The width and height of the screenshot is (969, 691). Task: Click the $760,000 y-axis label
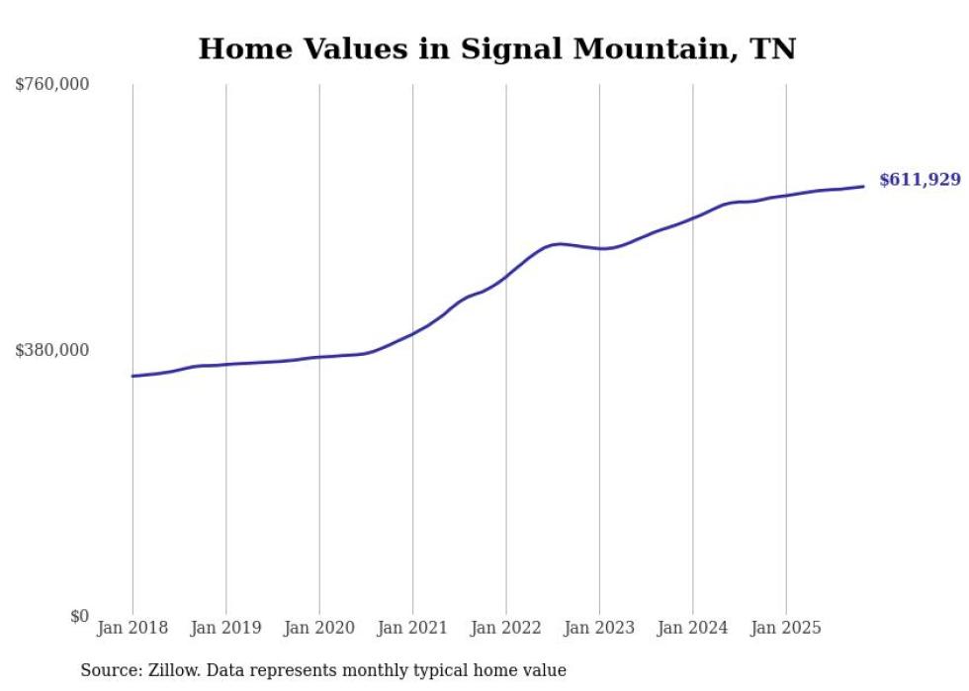(51, 85)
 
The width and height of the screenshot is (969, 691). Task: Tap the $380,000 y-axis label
(51, 350)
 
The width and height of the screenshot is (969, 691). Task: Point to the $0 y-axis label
(79, 616)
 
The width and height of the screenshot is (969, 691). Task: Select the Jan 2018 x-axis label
(132, 628)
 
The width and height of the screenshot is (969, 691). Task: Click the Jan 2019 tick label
(225, 628)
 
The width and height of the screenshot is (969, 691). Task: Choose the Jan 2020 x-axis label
(319, 628)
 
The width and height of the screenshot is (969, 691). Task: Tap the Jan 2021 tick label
(412, 628)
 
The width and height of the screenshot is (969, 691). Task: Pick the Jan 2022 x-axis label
(506, 628)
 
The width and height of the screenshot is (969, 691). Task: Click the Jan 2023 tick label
(599, 628)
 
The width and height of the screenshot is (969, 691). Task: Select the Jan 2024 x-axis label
(693, 628)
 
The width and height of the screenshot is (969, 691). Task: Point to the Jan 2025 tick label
(786, 628)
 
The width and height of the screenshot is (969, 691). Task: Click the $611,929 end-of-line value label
(920, 180)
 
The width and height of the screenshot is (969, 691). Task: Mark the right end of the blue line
(864, 186)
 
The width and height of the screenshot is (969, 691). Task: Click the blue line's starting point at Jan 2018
(132, 376)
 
